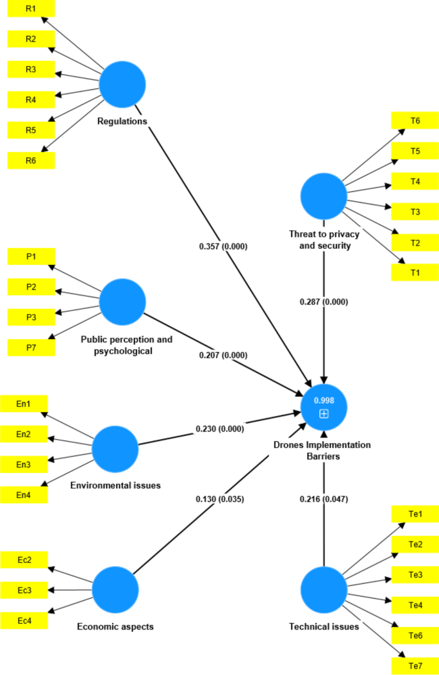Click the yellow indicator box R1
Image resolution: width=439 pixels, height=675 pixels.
[31, 8]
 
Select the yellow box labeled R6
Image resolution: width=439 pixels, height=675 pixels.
[31, 160]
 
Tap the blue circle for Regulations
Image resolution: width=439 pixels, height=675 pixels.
[122, 84]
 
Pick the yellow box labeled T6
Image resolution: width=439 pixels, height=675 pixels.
[415, 121]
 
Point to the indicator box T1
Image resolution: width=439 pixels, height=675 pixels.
[415, 272]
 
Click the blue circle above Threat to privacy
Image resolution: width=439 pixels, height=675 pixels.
[324, 197]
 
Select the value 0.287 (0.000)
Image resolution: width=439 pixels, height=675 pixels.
[324, 302]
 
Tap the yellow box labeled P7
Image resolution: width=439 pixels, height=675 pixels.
[31, 347]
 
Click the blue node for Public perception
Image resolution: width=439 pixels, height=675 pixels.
[122, 301]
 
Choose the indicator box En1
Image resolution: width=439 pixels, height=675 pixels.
[24, 404]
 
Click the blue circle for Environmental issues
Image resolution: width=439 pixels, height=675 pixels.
[115, 449]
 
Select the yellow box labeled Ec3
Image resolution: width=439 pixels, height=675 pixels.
[24, 590]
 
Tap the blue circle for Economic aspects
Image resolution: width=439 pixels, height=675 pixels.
[115, 590]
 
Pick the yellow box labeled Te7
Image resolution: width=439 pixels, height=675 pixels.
[415, 666]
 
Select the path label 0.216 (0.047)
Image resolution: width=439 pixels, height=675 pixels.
[324, 498]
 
